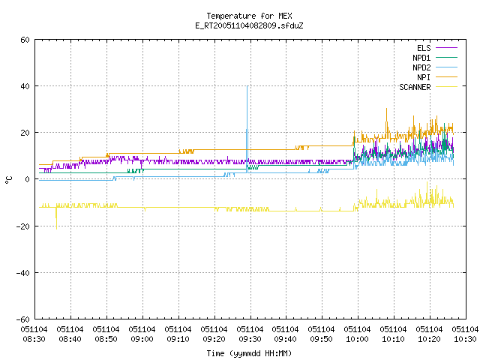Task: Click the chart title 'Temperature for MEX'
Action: click(249, 16)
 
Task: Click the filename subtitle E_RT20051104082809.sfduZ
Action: click(249, 25)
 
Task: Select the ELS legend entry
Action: click(436, 48)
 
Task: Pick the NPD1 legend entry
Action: click(435, 58)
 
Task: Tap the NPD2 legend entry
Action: click(435, 67)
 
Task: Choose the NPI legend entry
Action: click(436, 77)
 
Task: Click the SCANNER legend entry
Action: click(428, 87)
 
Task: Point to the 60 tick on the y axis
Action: click(25, 40)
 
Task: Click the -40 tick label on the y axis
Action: click(23, 273)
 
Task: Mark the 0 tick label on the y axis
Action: click(28, 179)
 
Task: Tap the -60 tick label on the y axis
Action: click(23, 319)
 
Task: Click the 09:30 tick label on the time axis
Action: click(250, 334)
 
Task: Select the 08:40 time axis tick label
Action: click(70, 334)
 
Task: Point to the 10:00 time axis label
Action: click(357, 334)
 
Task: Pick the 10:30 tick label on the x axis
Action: click(465, 334)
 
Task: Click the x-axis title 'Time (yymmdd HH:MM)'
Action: click(249, 353)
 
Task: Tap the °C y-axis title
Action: click(9, 180)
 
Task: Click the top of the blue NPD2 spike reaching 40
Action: click(247, 86)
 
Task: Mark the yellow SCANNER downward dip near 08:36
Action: click(56, 228)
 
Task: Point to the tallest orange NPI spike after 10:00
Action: click(387, 108)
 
